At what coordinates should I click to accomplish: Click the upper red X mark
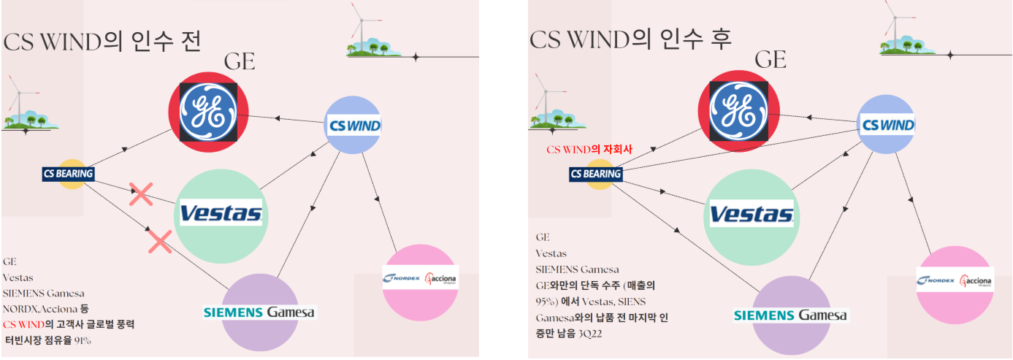141,194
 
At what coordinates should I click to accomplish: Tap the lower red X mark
160,241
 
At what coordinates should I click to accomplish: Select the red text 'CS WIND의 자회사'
589,150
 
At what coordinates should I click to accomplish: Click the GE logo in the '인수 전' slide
209,112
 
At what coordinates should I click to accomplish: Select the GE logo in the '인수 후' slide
738,111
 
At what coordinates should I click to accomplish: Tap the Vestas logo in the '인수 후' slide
751,213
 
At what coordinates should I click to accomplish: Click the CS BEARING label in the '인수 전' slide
68,174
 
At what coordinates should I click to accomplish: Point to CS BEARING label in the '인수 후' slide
595,174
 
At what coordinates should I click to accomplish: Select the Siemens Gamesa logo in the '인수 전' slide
259,313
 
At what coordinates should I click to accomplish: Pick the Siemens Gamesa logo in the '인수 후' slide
790,315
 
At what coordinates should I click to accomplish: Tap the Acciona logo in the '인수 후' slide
976,280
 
